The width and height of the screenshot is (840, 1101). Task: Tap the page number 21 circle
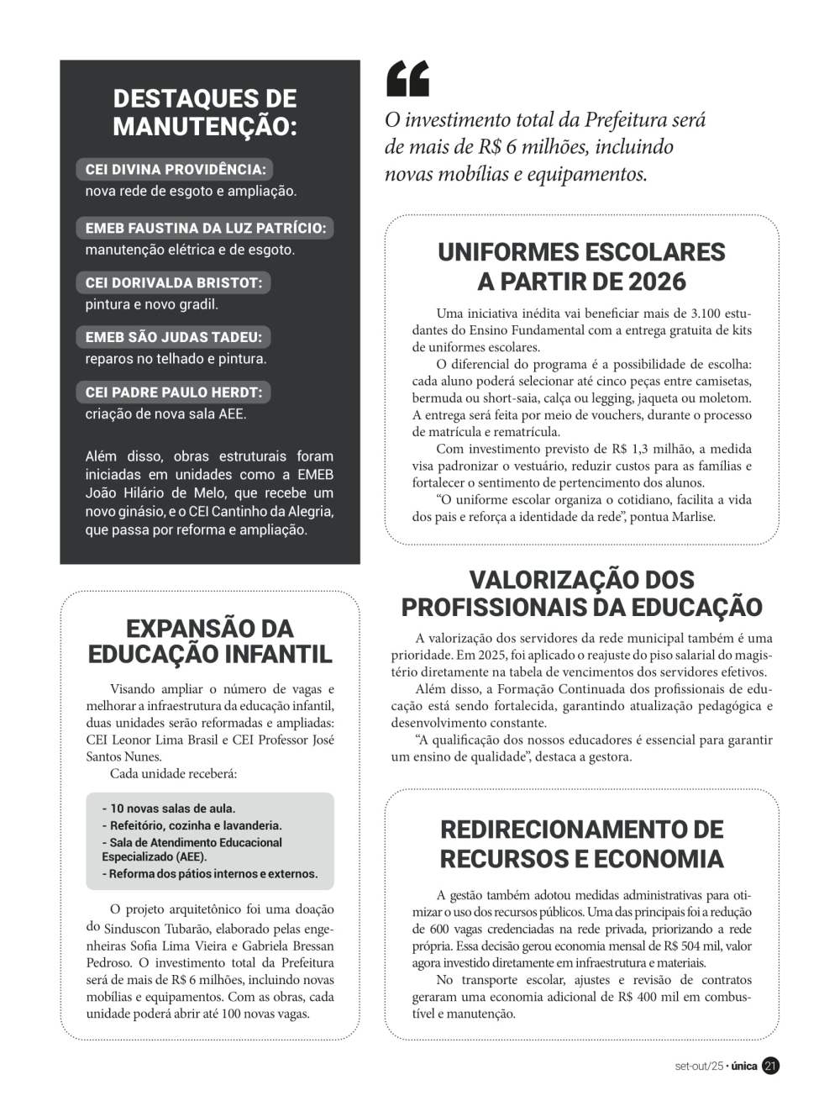tap(770, 1066)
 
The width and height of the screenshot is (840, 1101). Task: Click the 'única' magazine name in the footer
tap(743, 1066)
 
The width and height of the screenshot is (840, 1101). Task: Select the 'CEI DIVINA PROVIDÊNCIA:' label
tap(175, 169)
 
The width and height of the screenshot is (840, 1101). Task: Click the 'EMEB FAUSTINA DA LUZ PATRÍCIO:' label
tap(206, 228)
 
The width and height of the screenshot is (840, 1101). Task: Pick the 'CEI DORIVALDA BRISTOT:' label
tap(174, 282)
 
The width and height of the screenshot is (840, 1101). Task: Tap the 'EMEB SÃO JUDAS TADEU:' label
tap(174, 337)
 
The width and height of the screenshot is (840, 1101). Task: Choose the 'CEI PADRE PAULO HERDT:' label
tap(174, 392)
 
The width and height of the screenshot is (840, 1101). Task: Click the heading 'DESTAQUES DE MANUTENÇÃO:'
tap(205, 112)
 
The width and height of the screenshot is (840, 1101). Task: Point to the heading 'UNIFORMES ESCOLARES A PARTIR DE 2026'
tap(581, 266)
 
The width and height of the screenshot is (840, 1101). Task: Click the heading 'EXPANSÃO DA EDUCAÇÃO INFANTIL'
tap(210, 640)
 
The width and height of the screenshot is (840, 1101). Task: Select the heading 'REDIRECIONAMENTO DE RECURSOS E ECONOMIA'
tap(581, 844)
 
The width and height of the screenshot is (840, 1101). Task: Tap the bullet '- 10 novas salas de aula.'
tap(169, 809)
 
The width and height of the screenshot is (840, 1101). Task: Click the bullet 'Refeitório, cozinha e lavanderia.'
tap(192, 825)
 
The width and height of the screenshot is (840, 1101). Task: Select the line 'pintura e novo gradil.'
tap(151, 304)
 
